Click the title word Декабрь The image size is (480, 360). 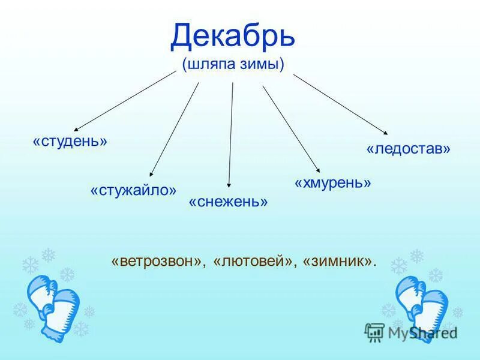pos(233,37)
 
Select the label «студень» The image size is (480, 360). pos(70,142)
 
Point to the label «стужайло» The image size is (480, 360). pos(133,190)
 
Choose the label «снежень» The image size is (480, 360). pos(228,202)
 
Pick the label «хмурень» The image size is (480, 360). pos(333,182)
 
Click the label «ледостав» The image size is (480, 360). pos(408,148)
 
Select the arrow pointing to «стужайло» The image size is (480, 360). pos(174,129)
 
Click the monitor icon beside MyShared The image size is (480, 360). pos(374,332)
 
